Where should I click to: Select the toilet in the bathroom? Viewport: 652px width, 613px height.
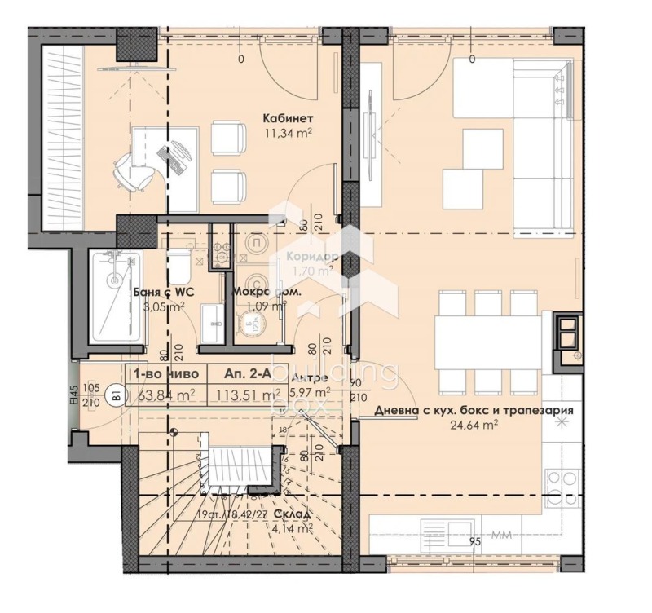179,267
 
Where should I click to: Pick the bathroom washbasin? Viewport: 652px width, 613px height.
214,320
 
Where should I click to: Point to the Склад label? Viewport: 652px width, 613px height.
291,514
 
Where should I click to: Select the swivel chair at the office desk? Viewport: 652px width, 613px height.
128,170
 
